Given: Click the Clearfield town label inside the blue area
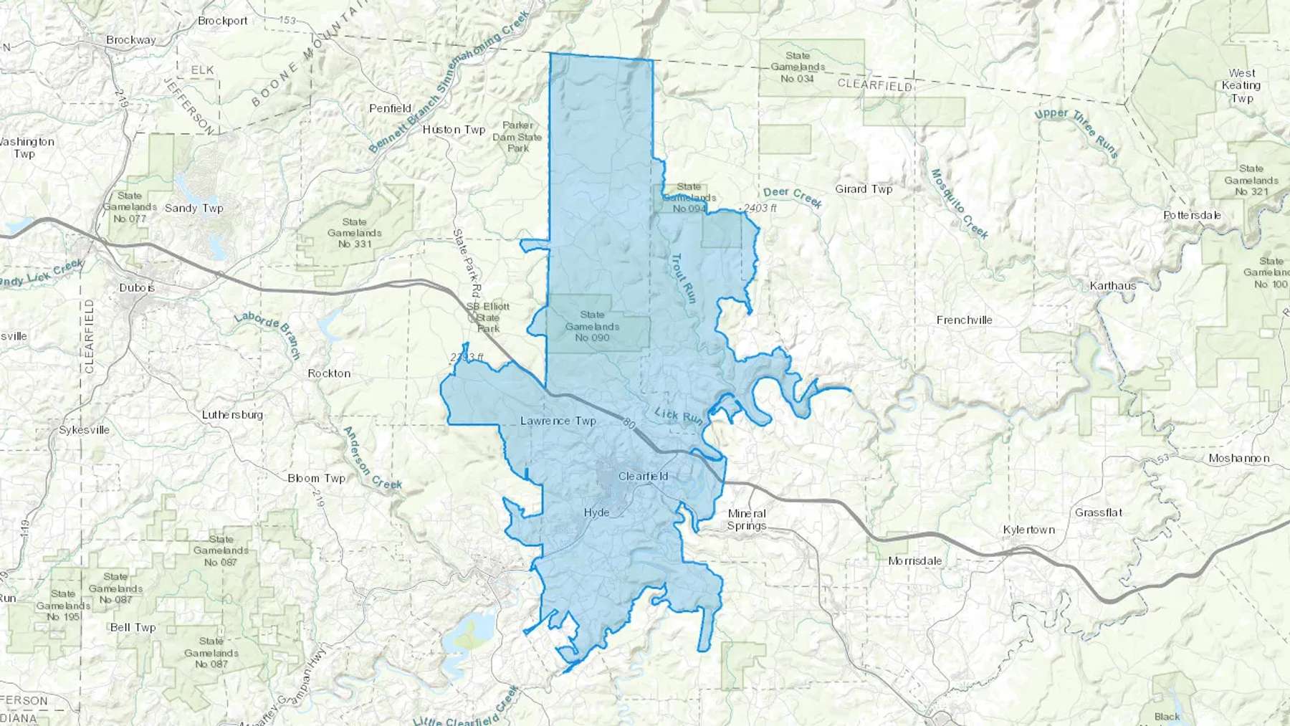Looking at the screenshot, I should (643, 476).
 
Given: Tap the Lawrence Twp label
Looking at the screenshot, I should (558, 421).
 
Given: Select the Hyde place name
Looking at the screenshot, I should (596, 512).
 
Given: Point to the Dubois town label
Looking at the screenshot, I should (137, 287).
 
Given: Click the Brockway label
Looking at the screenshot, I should (130, 40).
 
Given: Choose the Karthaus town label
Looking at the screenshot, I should (1112, 286).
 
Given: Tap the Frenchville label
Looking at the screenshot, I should (964, 320).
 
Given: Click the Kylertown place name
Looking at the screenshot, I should (1028, 530).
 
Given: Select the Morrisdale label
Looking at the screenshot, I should (914, 560).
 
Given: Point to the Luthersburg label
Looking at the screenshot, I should (232, 414).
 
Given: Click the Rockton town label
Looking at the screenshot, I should (329, 373).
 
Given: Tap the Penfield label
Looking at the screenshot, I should (390, 108).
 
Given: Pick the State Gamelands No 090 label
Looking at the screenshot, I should (592, 326).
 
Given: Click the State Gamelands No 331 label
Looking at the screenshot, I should (354, 233).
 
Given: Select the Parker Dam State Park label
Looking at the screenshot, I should (517, 137).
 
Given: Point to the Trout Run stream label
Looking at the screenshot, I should (683, 278).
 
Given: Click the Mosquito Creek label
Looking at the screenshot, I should (959, 204).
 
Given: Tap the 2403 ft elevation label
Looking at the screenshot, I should (760, 209).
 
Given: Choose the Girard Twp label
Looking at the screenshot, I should (864, 189).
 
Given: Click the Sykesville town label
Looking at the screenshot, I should (84, 430).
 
